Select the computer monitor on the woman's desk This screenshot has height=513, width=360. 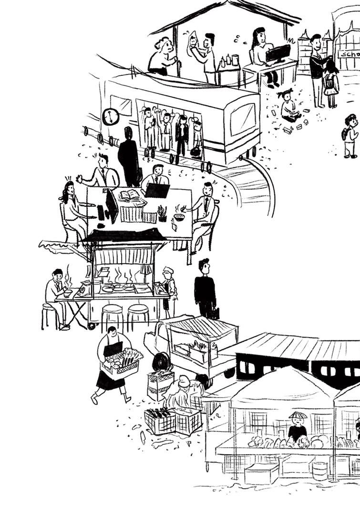click(278, 53)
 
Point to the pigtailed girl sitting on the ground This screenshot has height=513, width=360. click(288, 106)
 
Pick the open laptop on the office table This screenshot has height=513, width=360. click(157, 190)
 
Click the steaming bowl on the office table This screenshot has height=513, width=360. click(180, 217)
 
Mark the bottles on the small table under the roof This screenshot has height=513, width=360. click(229, 61)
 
